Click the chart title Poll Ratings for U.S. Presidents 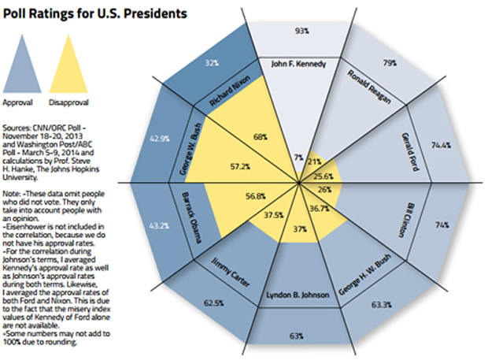[94, 14]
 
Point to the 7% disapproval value [298, 158]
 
